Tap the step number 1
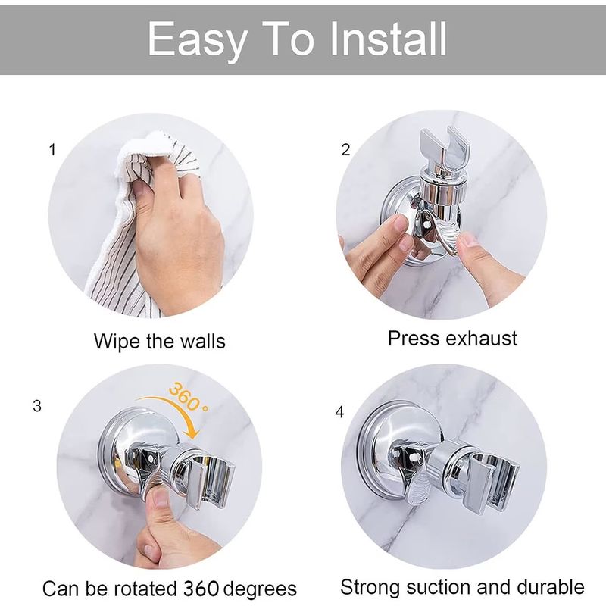click(52, 149)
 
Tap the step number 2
click(346, 149)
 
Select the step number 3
click(37, 406)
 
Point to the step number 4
click(339, 413)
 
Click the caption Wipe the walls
click(159, 341)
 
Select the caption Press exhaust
click(452, 338)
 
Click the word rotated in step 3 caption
click(144, 588)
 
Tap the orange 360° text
click(187, 400)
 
